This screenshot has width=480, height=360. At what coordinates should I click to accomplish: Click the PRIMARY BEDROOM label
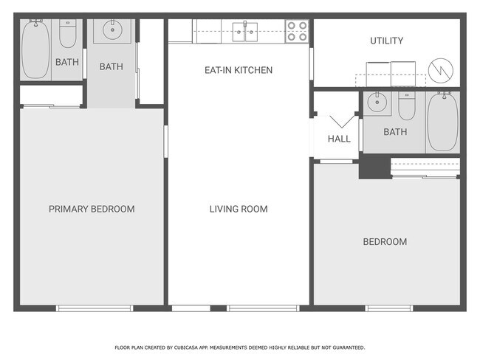(x=92, y=209)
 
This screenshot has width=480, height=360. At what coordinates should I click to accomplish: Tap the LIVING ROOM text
(x=239, y=209)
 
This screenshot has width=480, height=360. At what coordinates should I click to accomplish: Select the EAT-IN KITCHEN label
(x=239, y=70)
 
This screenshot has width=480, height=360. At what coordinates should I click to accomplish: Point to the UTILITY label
(x=386, y=41)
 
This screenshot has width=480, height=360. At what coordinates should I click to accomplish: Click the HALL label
(x=339, y=139)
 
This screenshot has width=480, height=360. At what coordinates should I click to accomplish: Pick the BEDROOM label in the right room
(x=384, y=242)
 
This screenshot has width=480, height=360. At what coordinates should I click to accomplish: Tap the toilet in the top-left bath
(x=68, y=35)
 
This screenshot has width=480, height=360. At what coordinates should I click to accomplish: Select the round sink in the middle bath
(x=112, y=32)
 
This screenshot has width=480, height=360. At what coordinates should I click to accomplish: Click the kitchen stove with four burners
(x=297, y=31)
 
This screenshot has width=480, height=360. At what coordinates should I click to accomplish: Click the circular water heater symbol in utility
(x=441, y=70)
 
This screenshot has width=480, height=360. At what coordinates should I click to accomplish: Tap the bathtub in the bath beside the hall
(x=442, y=122)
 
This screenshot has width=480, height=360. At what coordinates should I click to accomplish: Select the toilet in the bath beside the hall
(x=407, y=107)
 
